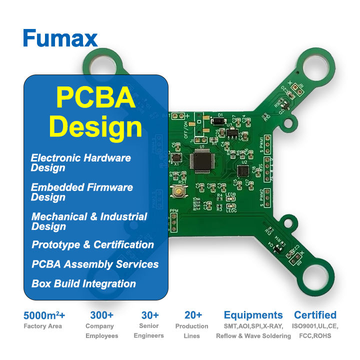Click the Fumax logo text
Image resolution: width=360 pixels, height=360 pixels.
click(x=60, y=38)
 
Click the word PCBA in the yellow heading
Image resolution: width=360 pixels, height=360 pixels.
click(x=95, y=97)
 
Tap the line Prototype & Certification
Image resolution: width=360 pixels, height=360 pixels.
click(x=92, y=244)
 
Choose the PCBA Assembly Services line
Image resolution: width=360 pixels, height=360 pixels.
click(x=95, y=264)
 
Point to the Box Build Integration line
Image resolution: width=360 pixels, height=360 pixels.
click(x=83, y=283)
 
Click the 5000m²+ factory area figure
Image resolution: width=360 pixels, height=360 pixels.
click(x=44, y=315)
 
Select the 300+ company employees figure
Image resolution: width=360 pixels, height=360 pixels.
click(x=101, y=315)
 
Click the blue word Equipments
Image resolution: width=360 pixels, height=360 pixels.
click(x=253, y=315)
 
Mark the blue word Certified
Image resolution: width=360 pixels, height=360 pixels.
click(x=315, y=315)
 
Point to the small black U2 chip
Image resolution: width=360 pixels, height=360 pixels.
click(x=244, y=171)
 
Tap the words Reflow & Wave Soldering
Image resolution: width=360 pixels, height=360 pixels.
click(x=253, y=336)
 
